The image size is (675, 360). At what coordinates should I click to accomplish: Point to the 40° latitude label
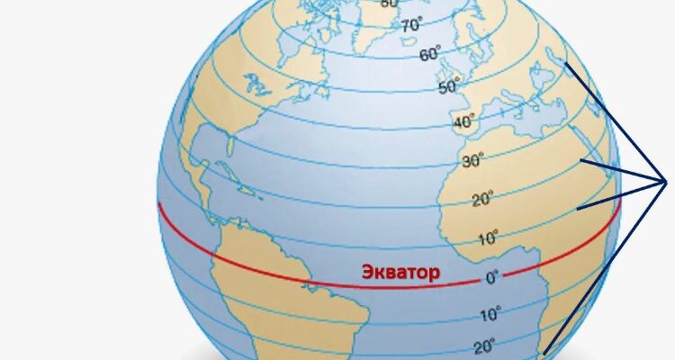point(464,122)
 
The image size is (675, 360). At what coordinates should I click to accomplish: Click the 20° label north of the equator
point(483,200)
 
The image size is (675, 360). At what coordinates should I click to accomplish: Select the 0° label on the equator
point(492,278)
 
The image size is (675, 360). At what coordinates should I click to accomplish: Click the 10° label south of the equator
point(490,315)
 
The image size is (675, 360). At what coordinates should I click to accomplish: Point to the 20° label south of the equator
point(485,346)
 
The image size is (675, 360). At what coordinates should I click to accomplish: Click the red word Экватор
point(400,272)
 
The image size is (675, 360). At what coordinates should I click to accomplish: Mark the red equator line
point(270,266)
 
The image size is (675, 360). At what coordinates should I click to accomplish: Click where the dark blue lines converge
point(665,181)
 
